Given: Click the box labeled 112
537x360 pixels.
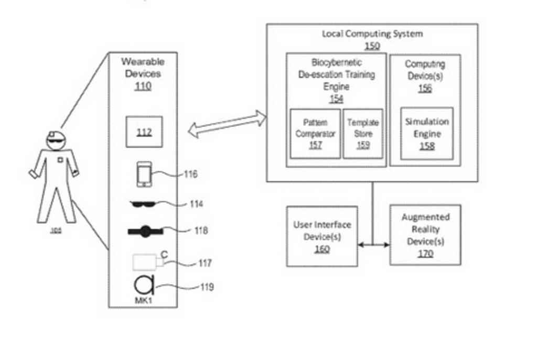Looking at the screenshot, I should [144, 132].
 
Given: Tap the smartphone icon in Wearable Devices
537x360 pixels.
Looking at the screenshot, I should [144, 174].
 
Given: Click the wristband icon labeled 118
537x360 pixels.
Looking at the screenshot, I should [145, 230].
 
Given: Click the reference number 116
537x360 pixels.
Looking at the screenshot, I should [190, 174].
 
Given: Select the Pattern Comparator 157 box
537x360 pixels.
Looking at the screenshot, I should [315, 134].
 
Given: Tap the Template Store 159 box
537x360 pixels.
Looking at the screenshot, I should [363, 134].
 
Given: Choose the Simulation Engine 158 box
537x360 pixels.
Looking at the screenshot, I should [427, 134].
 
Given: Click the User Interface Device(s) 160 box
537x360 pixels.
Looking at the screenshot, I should [322, 236].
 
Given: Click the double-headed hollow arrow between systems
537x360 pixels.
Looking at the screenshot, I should [227, 124].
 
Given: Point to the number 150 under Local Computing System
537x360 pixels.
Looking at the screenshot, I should [372, 46].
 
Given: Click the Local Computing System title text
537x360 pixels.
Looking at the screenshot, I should [372, 34].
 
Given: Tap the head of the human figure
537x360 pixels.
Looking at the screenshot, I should [56, 140].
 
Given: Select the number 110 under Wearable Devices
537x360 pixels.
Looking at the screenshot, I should [143, 86].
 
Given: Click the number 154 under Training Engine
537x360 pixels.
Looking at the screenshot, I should [336, 99].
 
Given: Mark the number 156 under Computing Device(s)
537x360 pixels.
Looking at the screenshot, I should [425, 89].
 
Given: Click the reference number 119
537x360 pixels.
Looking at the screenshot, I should [206, 287].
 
